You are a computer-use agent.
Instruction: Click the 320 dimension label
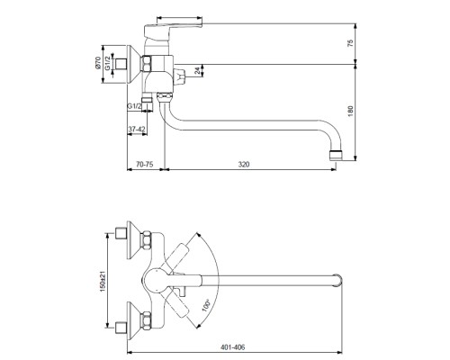click(x=244, y=165)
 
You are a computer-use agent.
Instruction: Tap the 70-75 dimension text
click(x=145, y=165)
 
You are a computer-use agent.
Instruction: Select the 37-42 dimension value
click(x=137, y=130)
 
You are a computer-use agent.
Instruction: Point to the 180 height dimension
click(x=351, y=112)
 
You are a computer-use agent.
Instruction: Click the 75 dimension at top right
click(x=351, y=42)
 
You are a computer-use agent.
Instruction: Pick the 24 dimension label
click(x=197, y=71)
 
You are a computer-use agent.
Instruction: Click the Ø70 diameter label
click(x=98, y=63)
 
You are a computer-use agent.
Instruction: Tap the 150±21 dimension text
click(x=103, y=282)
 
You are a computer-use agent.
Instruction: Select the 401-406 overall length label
click(x=233, y=347)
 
